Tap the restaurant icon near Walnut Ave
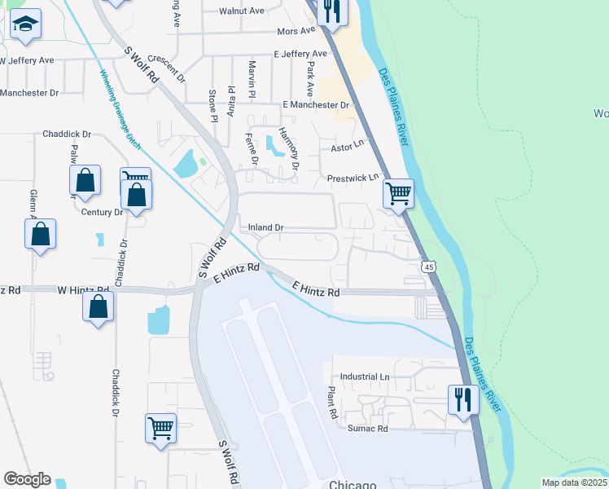click(332, 10)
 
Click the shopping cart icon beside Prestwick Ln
click(398, 194)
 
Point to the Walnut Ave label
click(242, 11)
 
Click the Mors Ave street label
click(296, 31)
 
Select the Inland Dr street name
click(265, 227)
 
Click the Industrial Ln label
click(366, 377)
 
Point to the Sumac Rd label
click(368, 429)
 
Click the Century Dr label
click(102, 212)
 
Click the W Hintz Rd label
click(83, 289)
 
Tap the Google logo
click(27, 479)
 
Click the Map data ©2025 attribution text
click(575, 482)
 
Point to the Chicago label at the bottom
click(353, 482)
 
